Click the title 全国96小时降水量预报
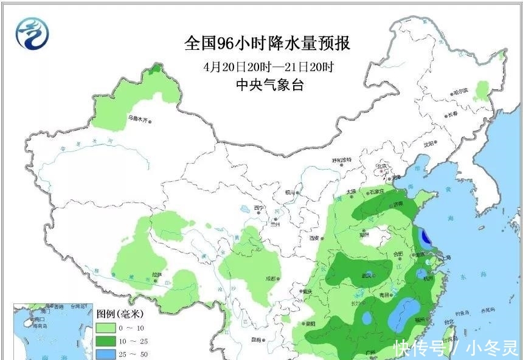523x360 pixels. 267,44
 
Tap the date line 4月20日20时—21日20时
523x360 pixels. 268,66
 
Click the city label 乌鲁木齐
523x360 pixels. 137,120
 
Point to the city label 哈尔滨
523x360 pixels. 461,92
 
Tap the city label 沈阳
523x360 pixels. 429,144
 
